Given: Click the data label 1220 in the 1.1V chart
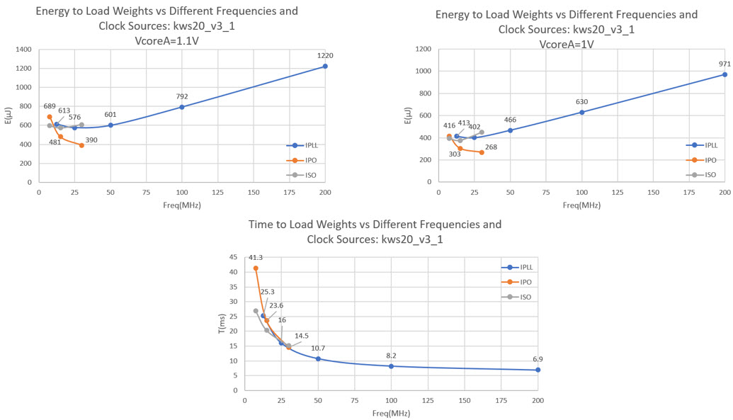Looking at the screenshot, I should click(324, 55).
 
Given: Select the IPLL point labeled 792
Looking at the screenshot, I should click(182, 107).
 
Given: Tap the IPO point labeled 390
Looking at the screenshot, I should click(81, 145).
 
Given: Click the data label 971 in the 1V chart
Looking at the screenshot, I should click(724, 64).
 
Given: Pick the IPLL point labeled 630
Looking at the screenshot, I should click(582, 112).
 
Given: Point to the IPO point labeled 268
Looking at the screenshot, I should click(482, 152).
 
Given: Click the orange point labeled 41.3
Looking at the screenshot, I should click(256, 268).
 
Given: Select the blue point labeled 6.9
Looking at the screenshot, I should click(538, 370).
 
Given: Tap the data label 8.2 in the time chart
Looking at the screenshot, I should click(391, 356).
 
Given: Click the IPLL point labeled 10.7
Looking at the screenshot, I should click(318, 359).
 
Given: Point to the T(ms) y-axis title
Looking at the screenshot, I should click(220, 325).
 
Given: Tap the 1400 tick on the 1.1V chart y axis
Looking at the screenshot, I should click(23, 50).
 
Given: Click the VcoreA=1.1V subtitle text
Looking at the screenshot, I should click(177, 41).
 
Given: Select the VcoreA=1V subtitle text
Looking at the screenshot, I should click(566, 44).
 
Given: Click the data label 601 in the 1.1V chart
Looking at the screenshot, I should click(110, 115).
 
